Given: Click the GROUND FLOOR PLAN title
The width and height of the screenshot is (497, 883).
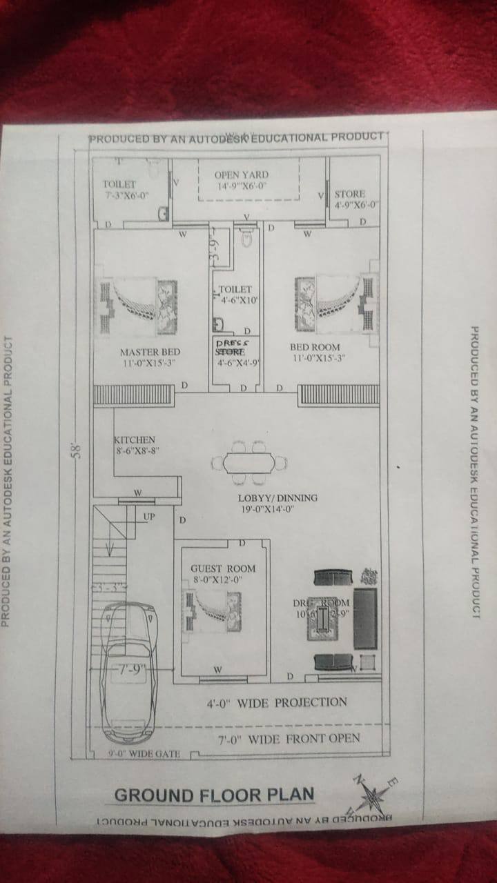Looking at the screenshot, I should (x=214, y=795).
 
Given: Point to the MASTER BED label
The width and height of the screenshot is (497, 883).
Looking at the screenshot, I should (x=150, y=353).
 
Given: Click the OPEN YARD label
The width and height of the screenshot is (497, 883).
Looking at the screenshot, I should (x=241, y=175).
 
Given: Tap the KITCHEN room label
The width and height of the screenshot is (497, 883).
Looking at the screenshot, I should (x=135, y=439).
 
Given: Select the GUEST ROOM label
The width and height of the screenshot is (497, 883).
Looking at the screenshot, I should (x=223, y=568).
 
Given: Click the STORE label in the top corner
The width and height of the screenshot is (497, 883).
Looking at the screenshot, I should (x=350, y=195).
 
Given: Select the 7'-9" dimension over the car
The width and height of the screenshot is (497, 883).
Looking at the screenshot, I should (x=129, y=670).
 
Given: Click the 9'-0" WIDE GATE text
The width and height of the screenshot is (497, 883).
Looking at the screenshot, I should (x=144, y=754).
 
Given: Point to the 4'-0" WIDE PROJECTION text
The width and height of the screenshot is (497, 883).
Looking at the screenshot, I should (x=277, y=703).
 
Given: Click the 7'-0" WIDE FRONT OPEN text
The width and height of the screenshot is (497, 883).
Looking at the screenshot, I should (x=289, y=740).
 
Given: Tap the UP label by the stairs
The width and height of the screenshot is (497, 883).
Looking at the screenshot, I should (x=149, y=516).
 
